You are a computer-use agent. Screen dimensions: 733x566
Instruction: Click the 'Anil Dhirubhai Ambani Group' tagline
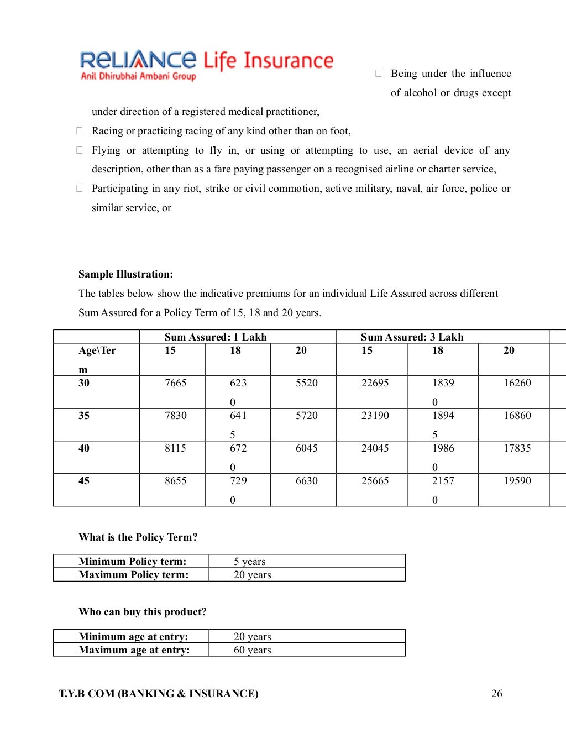pos(138,76)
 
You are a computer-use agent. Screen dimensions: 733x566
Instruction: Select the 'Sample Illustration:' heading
pos(125,274)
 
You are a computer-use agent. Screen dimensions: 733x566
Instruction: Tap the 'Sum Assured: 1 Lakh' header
pos(216,337)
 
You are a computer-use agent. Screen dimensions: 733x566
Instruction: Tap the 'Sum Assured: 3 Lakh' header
pos(412,337)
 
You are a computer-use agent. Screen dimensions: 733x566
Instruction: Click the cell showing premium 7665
pos(175,383)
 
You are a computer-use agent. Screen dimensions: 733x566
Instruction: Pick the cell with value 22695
pos(375,383)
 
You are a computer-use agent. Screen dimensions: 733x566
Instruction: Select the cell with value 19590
pos(517,481)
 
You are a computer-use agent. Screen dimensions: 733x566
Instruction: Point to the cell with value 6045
pos(306,448)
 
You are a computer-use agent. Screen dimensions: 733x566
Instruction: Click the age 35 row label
pos(84,416)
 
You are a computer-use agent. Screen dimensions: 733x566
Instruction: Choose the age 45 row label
pos(84,481)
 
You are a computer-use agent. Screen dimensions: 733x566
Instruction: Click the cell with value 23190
pos(375,416)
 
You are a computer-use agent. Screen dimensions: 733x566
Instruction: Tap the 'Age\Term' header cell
pos(97,358)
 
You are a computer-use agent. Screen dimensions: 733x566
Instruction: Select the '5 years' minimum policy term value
pos(249,562)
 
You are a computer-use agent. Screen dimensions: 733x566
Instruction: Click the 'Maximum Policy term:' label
pos(133,575)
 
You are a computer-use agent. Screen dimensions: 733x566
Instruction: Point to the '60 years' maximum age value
pos(252,650)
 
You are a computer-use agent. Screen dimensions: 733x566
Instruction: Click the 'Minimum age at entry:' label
pos(133,637)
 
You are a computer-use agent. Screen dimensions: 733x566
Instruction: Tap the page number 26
pos(496,694)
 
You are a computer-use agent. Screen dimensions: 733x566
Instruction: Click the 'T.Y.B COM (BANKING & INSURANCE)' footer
pos(159,694)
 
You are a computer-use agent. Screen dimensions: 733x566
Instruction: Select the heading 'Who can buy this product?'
pos(142,612)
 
